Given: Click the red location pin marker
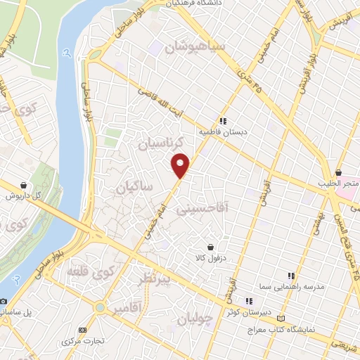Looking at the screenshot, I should point(181,165).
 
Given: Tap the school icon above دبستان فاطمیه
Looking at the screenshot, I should point(222,120).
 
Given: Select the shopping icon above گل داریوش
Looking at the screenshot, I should point(25,184).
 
